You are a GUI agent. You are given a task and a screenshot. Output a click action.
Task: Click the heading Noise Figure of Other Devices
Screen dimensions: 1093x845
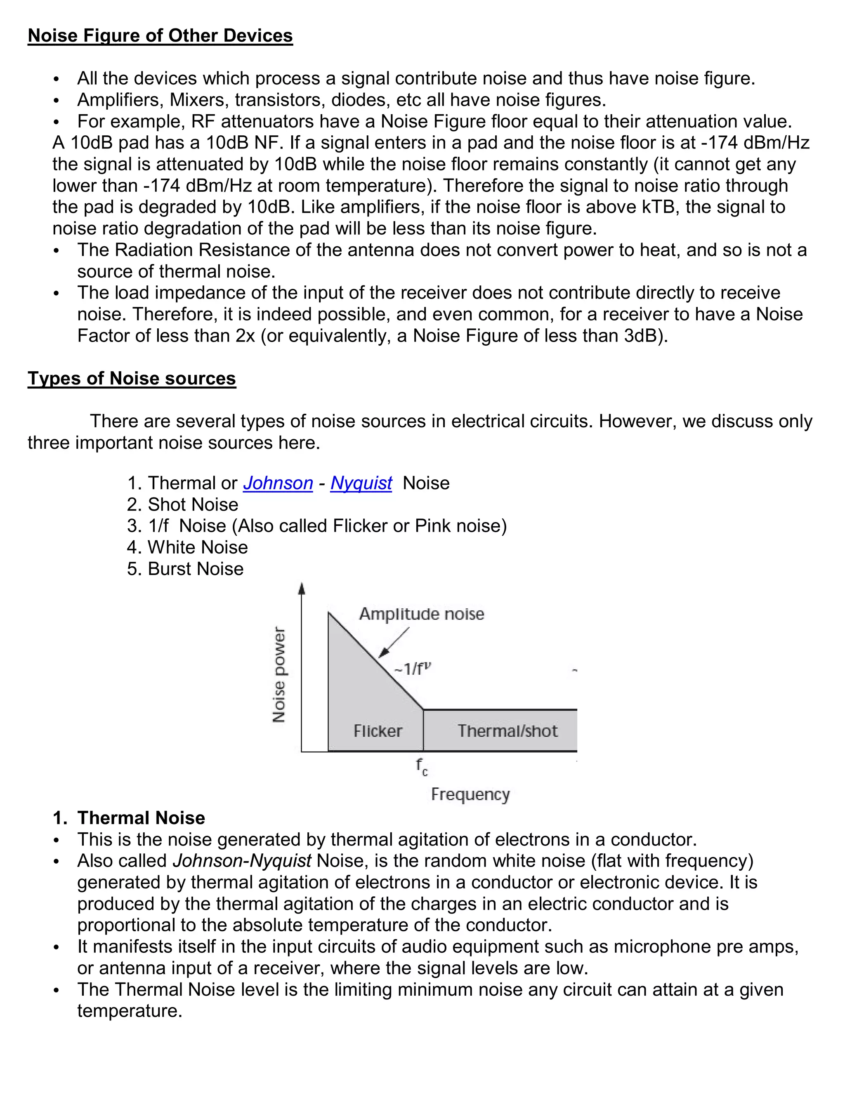[x=160, y=35]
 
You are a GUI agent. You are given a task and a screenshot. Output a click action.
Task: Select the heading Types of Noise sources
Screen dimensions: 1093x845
[x=132, y=378]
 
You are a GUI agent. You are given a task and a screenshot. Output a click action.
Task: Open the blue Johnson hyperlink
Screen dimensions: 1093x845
[x=278, y=483]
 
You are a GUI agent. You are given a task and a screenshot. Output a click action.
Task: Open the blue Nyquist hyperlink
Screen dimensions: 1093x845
[x=361, y=483]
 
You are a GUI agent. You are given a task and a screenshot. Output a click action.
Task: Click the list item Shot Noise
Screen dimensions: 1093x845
[x=193, y=504]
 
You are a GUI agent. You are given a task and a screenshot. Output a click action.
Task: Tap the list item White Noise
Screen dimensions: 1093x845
[x=197, y=547]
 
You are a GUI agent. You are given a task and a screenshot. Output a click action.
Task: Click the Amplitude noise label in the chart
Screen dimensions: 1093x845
[x=422, y=614]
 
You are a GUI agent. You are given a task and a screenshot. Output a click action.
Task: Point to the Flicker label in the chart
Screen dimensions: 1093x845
[x=378, y=731]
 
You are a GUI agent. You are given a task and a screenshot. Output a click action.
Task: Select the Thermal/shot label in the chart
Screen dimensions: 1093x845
[x=507, y=731]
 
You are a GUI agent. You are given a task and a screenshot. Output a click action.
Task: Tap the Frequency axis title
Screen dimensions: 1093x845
[x=470, y=794]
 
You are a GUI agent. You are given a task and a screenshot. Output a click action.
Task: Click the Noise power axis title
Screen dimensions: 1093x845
[x=279, y=675]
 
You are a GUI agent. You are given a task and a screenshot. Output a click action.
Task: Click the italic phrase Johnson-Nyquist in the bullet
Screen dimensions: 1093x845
[x=242, y=861]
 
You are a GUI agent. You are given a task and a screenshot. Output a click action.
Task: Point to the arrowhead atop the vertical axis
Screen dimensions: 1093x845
[x=301, y=589]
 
